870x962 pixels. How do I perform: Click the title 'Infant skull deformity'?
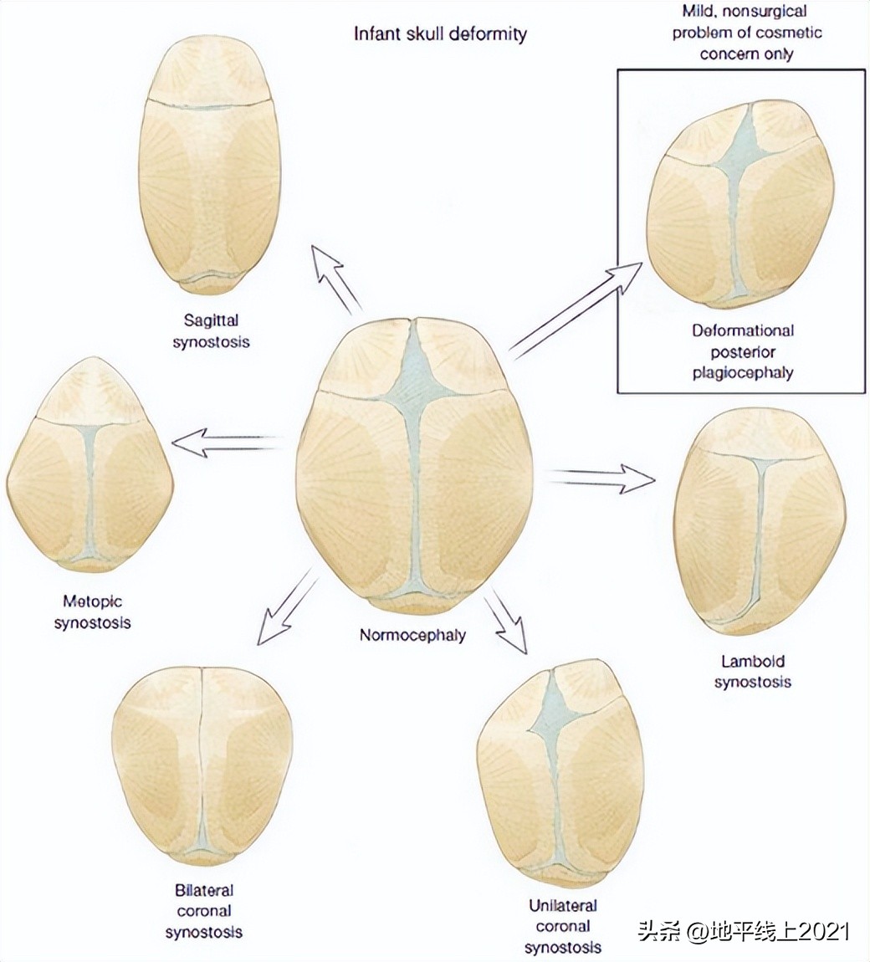(440, 34)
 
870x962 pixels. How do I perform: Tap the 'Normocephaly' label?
(413, 634)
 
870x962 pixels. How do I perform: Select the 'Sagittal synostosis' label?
(210, 330)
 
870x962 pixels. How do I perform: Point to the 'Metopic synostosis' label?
(92, 611)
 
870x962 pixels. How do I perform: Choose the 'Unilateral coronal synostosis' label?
(563, 926)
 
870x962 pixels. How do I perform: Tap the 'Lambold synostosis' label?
(753, 671)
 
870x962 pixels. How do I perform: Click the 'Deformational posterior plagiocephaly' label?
(742, 351)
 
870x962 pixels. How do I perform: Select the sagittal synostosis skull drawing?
(209, 167)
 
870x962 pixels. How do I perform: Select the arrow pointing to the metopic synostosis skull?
(226, 440)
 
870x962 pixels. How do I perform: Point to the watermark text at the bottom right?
(744, 931)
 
